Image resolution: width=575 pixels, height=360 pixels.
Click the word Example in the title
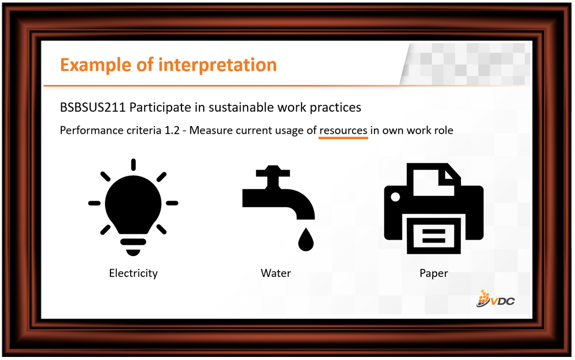tap(95, 65)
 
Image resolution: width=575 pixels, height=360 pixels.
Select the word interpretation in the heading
tap(217, 65)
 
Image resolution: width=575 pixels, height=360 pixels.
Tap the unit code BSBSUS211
tap(93, 107)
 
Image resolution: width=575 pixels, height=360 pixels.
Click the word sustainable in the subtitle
tap(241, 107)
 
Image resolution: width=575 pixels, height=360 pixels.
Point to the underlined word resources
tap(343, 131)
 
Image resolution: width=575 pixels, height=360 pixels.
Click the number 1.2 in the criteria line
tap(172, 131)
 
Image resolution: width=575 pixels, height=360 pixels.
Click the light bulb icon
tap(133, 208)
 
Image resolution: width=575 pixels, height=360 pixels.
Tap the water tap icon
tap(278, 208)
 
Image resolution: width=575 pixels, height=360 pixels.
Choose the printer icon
tap(434, 208)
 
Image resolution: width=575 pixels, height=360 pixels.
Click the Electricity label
tap(133, 273)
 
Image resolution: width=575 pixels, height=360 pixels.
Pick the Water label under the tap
tap(276, 273)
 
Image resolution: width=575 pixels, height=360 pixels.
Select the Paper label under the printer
tap(434, 273)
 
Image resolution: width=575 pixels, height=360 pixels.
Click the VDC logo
tap(495, 299)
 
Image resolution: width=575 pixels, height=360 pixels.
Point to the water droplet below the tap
tap(306, 240)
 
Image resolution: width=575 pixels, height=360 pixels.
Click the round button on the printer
tap(395, 197)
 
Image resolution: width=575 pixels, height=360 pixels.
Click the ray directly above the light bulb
tap(133, 165)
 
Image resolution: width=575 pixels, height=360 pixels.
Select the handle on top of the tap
tap(273, 172)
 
